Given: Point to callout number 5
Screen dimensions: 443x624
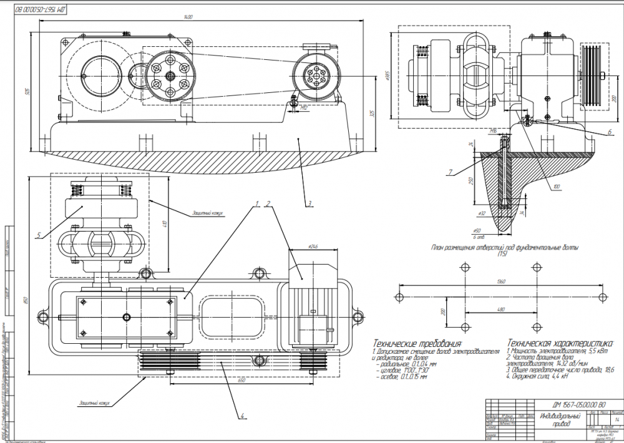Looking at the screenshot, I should [39, 235].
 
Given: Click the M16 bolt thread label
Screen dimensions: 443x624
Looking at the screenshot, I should [494, 132].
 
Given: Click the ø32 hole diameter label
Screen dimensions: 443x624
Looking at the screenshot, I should [482, 213].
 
